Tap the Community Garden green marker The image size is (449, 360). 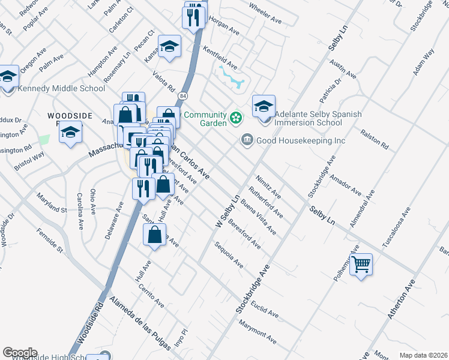coord(236,117)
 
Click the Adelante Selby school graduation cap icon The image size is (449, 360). coord(264,106)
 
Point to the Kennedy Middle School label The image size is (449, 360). coord(62,89)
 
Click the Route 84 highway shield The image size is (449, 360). coord(181,96)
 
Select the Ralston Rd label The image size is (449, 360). coord(375,138)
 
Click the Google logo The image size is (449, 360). coord(20,353)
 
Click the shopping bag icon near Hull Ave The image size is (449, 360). coord(155,235)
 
